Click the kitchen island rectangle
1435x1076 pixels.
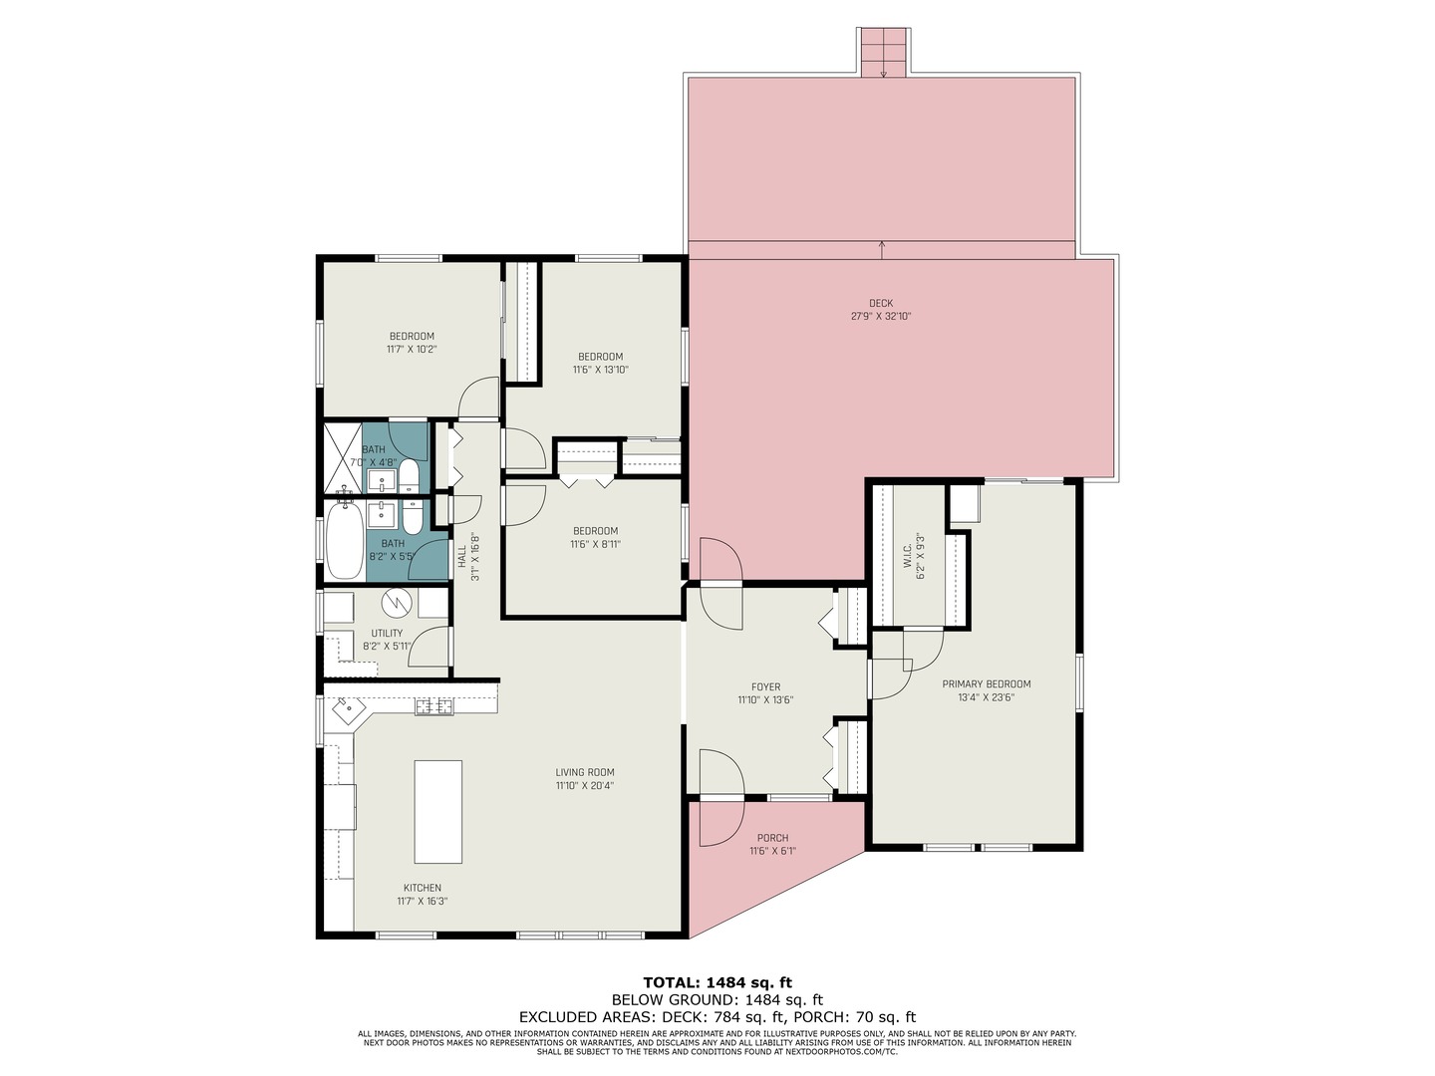click(437, 811)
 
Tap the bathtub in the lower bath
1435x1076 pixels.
click(345, 540)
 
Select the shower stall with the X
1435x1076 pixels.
click(343, 458)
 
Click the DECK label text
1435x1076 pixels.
click(881, 303)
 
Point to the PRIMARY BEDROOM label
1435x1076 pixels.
click(986, 684)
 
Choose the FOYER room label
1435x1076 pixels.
click(765, 686)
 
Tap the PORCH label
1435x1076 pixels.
click(772, 838)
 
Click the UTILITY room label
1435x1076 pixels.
click(387, 633)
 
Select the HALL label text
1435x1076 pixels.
click(462, 557)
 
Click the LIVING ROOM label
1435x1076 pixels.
click(584, 772)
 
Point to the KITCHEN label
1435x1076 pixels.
click(422, 888)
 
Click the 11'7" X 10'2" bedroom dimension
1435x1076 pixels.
click(412, 350)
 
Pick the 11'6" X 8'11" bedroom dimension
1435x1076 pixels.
click(595, 544)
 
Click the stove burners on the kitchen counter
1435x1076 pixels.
click(434, 705)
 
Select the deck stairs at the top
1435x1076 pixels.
click(883, 52)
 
